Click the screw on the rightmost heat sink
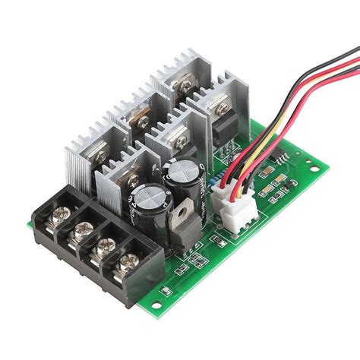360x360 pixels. point(222,111)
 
